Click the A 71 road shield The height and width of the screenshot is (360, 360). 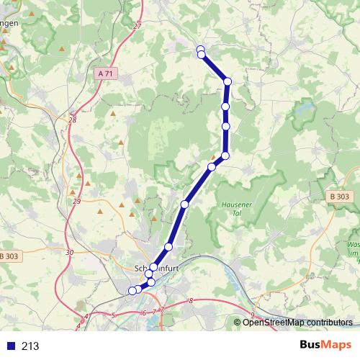point(105,73)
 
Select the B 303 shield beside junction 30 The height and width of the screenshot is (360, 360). point(9,256)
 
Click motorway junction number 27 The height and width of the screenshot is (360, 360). point(137,27)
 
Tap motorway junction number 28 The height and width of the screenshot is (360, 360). point(72,120)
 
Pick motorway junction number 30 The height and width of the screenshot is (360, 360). point(69,252)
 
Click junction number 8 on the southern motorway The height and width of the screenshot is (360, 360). point(191,300)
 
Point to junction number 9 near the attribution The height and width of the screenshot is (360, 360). point(253,315)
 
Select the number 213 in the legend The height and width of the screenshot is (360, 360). point(30,346)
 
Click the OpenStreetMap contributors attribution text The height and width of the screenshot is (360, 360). point(297,322)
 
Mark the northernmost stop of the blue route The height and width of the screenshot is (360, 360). point(201,49)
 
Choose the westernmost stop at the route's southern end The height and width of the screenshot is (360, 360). point(132,291)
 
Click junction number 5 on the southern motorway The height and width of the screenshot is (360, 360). point(114,315)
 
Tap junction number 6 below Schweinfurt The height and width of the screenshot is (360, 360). point(144,312)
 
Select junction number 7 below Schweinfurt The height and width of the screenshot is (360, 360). point(162,310)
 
